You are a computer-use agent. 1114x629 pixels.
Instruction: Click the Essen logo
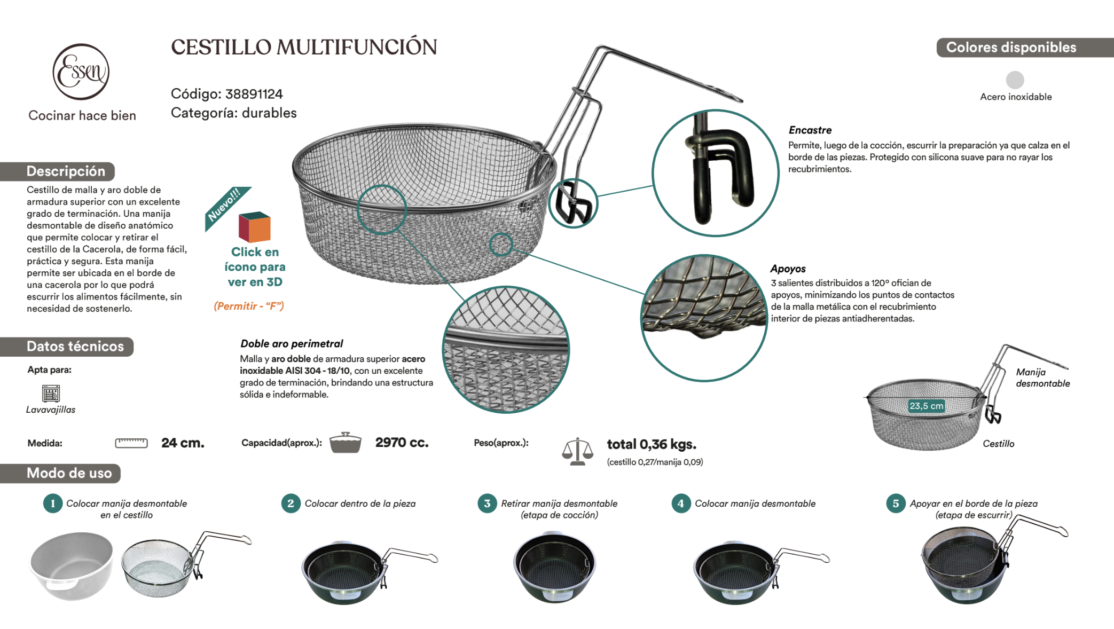(x=81, y=72)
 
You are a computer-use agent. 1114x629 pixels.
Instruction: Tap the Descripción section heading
(x=65, y=171)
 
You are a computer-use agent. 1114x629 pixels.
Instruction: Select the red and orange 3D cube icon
(x=254, y=227)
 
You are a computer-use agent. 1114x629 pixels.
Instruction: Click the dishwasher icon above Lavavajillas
(x=51, y=394)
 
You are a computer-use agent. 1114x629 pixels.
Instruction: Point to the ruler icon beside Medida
(x=131, y=443)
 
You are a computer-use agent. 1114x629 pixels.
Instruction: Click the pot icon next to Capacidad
(x=345, y=443)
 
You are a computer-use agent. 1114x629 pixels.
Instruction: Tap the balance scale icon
(x=577, y=451)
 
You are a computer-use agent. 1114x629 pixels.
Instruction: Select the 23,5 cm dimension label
(x=926, y=406)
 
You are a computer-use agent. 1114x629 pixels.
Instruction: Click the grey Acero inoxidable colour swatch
(x=1015, y=80)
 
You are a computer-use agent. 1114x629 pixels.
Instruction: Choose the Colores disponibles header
(x=1011, y=48)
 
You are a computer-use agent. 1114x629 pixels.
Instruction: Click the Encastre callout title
(x=810, y=130)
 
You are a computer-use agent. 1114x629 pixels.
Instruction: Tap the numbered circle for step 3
(x=487, y=504)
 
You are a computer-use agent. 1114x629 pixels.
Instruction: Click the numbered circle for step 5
(x=896, y=504)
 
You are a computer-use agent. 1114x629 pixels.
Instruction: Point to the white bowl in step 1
(x=72, y=565)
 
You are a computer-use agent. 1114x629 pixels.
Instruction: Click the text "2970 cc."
(x=402, y=443)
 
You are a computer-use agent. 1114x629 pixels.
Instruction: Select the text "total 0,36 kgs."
(x=652, y=444)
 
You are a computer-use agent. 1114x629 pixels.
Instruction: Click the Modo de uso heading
(x=69, y=473)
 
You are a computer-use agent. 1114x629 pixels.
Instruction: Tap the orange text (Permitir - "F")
(x=249, y=306)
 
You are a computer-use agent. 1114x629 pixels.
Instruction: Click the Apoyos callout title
(x=788, y=269)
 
